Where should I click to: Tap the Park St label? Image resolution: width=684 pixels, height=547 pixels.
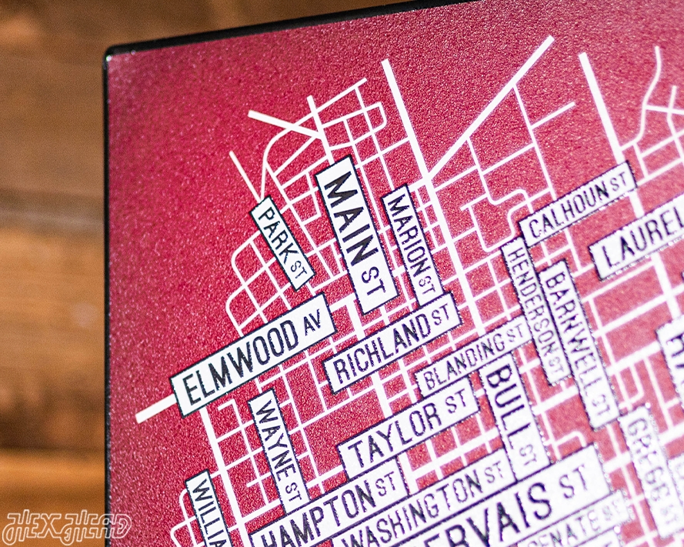pos(281,242)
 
